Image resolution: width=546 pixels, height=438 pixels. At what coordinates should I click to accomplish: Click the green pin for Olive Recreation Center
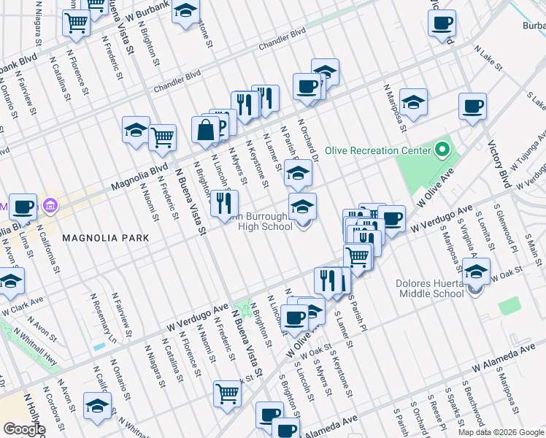(442, 151)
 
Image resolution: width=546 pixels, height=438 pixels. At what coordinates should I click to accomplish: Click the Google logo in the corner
(24, 429)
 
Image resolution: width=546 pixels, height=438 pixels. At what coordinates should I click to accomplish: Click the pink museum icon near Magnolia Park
(50, 205)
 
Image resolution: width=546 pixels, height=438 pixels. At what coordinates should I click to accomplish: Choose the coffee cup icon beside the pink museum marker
(22, 207)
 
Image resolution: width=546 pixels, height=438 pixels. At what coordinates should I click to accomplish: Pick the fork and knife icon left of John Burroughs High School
(224, 202)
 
